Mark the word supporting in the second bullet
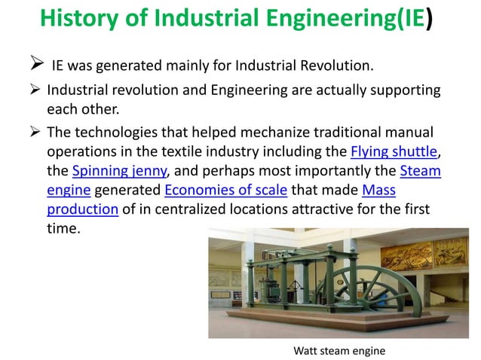pos(400,92)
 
